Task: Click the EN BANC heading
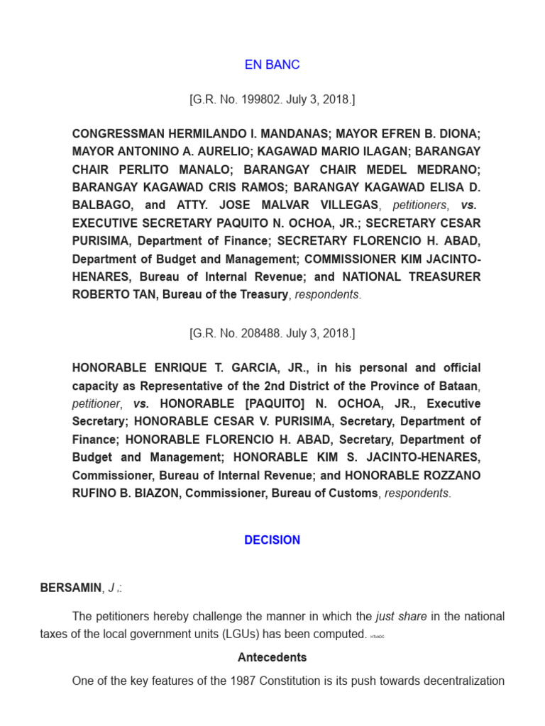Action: [272, 65]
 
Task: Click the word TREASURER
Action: [437, 276]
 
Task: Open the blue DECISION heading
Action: [272, 540]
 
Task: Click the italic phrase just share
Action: [401, 616]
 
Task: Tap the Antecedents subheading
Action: [272, 657]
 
